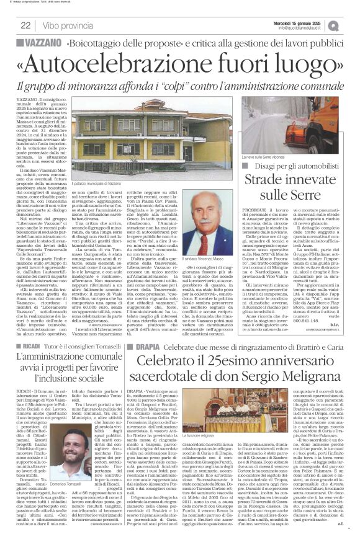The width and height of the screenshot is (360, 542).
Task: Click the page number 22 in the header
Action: (x=26, y=25)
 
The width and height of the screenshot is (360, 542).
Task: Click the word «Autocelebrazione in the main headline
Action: (x=109, y=64)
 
